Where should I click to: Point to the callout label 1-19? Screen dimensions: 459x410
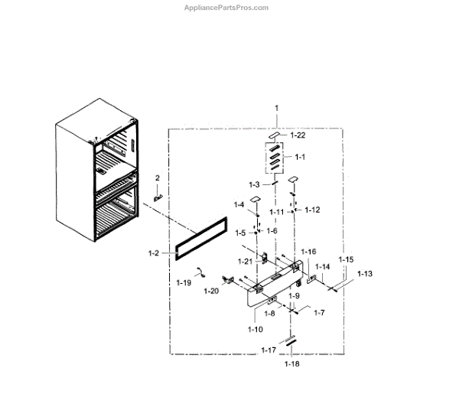coord(184,282)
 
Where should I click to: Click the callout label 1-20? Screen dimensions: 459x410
coord(212,291)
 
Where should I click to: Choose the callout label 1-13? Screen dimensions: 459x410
coord(364,274)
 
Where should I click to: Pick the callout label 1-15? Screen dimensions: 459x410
coord(347,260)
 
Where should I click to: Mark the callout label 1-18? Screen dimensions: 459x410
coord(291,364)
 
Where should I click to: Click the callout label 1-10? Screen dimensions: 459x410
coord(256,329)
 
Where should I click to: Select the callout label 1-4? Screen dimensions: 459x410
coord(239,204)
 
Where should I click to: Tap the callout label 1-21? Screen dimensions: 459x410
coord(244,262)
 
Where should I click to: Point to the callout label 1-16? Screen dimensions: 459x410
coord(308,252)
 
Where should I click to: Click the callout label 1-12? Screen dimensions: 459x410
coord(312,210)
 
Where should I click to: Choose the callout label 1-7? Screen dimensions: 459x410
coord(319,313)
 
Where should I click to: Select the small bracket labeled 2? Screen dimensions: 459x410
coord(159,195)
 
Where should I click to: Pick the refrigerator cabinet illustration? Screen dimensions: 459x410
coord(96,180)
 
